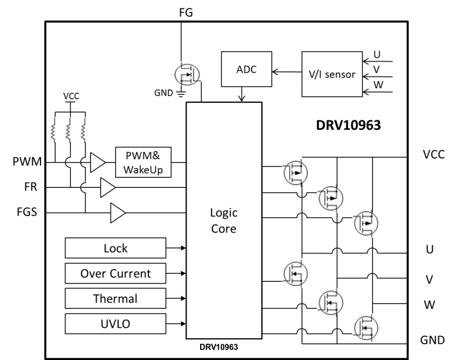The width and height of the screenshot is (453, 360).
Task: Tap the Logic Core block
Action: (224, 222)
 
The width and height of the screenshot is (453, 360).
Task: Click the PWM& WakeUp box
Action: (143, 162)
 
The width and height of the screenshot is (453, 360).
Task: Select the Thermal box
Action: (115, 298)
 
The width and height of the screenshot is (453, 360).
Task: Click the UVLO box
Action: (115, 324)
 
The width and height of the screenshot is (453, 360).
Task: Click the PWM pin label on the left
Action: (26, 163)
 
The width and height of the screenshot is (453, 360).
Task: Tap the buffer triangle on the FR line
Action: (107, 188)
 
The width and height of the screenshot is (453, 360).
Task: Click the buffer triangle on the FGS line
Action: (117, 214)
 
